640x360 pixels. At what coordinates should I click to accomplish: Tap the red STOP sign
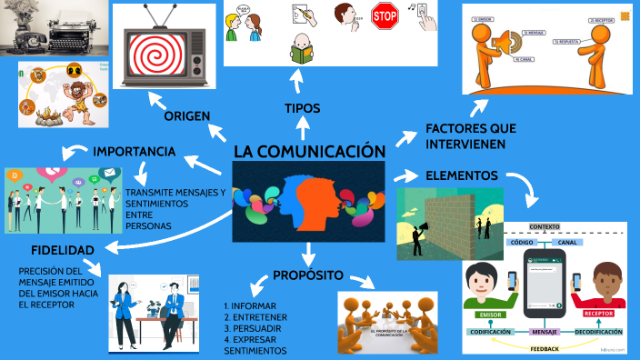tap(385, 17)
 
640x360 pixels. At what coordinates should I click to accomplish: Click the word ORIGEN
tap(187, 116)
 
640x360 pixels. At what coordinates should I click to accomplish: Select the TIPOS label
tap(303, 108)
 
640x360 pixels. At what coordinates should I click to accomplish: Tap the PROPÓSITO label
tap(308, 275)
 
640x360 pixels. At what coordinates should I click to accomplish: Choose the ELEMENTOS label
tap(461, 175)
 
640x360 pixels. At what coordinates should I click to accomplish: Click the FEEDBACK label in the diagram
tap(545, 348)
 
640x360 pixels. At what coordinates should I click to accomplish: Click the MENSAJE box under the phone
tap(544, 332)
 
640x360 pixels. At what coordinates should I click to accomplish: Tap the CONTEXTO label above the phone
tap(545, 225)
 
